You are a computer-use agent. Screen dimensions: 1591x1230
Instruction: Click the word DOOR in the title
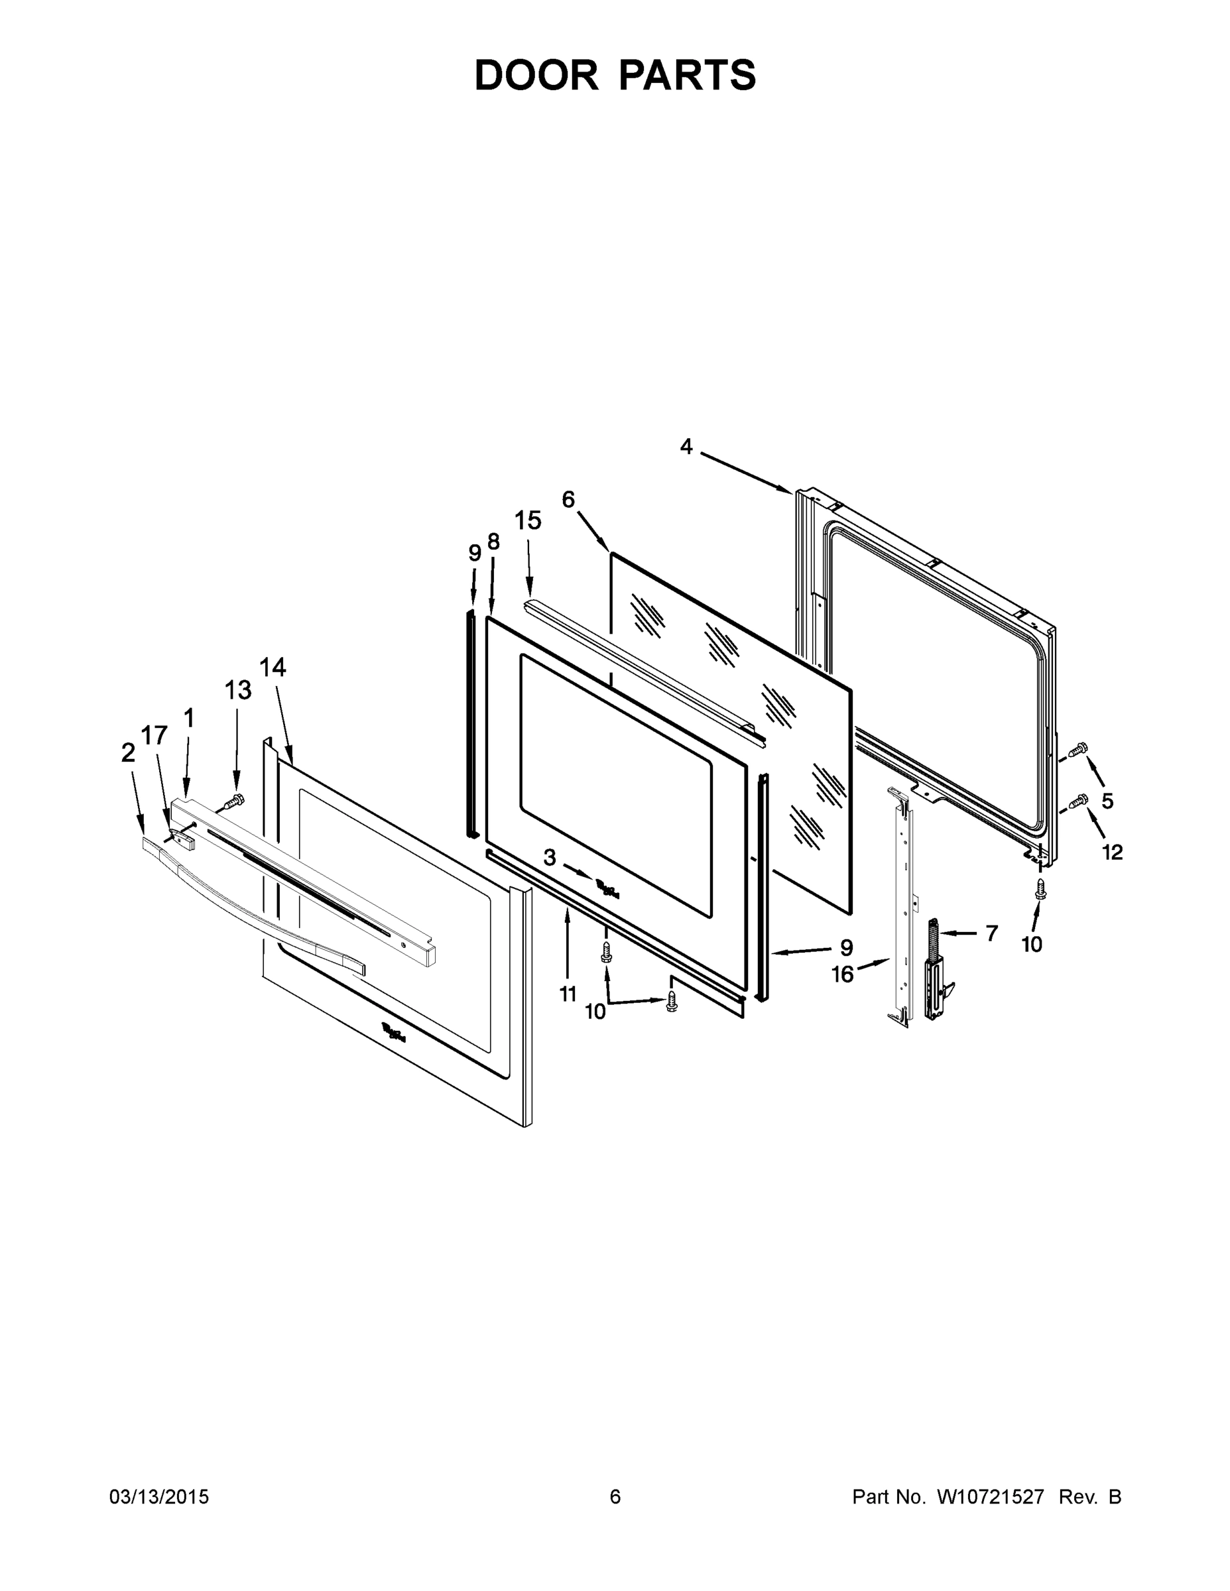pyautogui.click(x=536, y=75)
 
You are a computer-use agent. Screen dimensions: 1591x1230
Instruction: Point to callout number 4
pyautogui.click(x=686, y=447)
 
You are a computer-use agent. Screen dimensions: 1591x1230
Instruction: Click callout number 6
pyautogui.click(x=568, y=500)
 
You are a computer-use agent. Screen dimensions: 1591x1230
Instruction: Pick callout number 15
pyautogui.click(x=528, y=521)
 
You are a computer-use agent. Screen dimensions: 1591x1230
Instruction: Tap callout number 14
pyautogui.click(x=273, y=668)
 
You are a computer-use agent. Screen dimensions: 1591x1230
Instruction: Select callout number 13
pyautogui.click(x=237, y=690)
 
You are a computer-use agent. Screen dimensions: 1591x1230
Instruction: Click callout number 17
pyautogui.click(x=154, y=736)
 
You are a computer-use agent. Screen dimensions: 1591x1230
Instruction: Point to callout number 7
pyautogui.click(x=991, y=933)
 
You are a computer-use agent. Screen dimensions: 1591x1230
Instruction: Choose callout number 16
pyautogui.click(x=842, y=974)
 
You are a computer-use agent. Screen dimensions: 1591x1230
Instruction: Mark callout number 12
pyautogui.click(x=1112, y=852)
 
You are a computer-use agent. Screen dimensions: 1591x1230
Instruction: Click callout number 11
pyautogui.click(x=568, y=994)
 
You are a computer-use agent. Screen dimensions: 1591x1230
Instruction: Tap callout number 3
pyautogui.click(x=550, y=858)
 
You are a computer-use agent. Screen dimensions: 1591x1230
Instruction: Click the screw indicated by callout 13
pyautogui.click(x=233, y=801)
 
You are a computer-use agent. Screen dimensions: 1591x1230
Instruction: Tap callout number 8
pyautogui.click(x=493, y=542)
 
